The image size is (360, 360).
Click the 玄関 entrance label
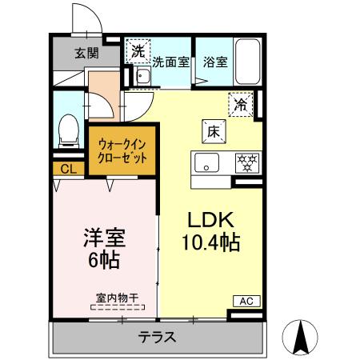[86, 54]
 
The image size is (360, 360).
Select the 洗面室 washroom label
[170, 61]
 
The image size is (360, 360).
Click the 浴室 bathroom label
[214, 61]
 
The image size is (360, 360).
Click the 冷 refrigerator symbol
[242, 103]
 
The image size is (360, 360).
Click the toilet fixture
[69, 129]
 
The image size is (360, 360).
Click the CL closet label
[68, 169]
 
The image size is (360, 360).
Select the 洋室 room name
[104, 238]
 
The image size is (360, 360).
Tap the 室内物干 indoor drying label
[118, 298]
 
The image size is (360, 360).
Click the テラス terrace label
[158, 337]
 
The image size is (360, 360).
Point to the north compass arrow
[302, 336]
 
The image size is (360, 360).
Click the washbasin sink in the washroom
[143, 78]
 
